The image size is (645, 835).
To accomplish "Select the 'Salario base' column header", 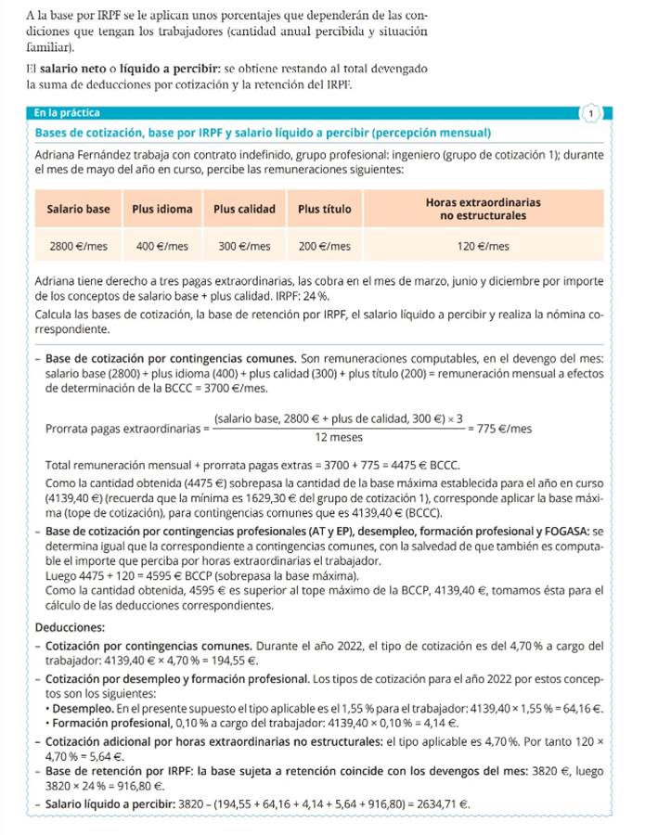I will pyautogui.click(x=78, y=210).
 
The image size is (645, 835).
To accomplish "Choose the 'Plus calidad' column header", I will pyautogui.click(x=242, y=210).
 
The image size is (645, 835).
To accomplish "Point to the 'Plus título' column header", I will pyautogui.click(x=324, y=210).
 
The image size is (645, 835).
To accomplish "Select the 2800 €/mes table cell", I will pyautogui.click(x=78, y=247).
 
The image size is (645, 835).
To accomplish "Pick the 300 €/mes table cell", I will pyautogui.click(x=242, y=247).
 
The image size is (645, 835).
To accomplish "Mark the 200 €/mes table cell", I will pyautogui.click(x=324, y=247).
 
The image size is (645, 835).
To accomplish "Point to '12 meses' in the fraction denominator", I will pyautogui.click(x=339, y=438).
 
